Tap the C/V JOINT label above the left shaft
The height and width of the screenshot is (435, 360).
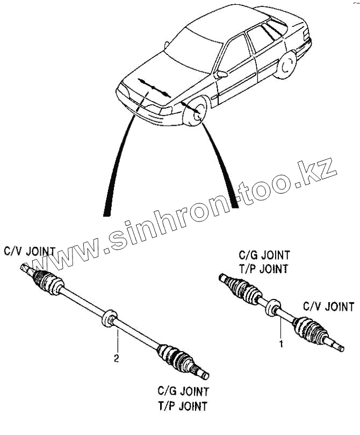click(x=30, y=251)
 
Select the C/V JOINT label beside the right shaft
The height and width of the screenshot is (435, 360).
click(x=329, y=307)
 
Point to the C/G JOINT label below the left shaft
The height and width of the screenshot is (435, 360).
click(x=183, y=391)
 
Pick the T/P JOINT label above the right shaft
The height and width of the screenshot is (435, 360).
click(x=264, y=268)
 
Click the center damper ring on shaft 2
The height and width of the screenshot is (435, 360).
click(x=110, y=318)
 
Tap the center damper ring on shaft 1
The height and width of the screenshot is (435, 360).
click(x=273, y=307)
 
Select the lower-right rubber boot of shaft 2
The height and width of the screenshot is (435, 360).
click(x=175, y=357)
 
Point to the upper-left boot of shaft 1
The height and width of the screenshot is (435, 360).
click(x=245, y=290)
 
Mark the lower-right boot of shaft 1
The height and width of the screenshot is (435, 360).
click(x=308, y=329)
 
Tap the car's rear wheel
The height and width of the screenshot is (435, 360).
click(x=285, y=64)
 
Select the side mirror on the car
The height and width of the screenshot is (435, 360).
click(x=221, y=74)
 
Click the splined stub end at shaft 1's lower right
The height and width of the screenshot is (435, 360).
click(x=335, y=346)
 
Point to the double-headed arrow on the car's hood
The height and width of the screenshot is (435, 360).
click(x=154, y=88)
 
